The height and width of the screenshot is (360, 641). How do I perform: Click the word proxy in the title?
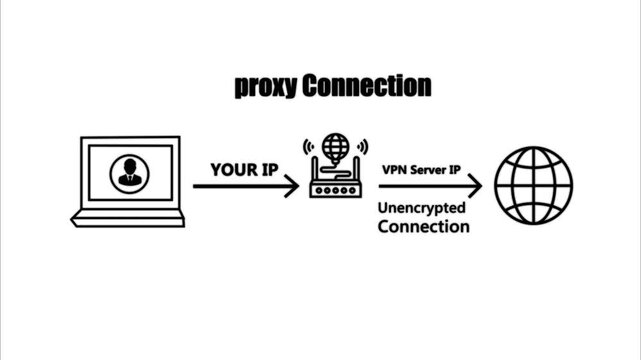tap(266, 88)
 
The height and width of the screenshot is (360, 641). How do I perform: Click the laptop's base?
tap(127, 219)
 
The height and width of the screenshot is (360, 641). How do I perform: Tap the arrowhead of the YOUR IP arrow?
tap(291, 186)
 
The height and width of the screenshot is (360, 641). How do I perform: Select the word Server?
tap(426, 170)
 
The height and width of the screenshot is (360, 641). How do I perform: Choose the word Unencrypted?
tap(422, 208)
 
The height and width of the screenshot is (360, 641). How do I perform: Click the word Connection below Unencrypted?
tap(422, 227)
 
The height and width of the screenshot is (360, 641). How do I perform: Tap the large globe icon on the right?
tap(540, 186)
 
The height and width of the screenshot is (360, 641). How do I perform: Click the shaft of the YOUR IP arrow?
tap(240, 186)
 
